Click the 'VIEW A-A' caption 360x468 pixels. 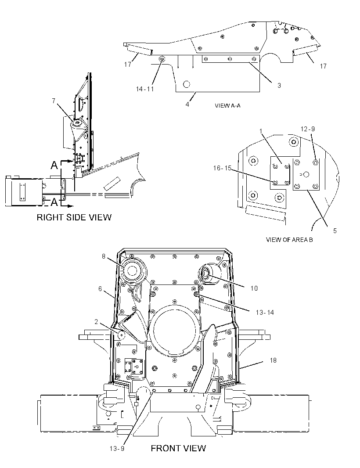[227, 105]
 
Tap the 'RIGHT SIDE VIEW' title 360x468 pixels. [74, 217]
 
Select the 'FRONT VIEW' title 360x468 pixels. [178, 448]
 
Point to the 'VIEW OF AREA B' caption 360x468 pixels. [289, 239]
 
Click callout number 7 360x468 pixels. [54, 101]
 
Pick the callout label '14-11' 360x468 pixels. [145, 89]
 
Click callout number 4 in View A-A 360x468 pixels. [187, 104]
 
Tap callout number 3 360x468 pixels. [279, 85]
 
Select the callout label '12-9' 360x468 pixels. [308, 129]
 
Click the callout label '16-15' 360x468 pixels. [223, 168]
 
